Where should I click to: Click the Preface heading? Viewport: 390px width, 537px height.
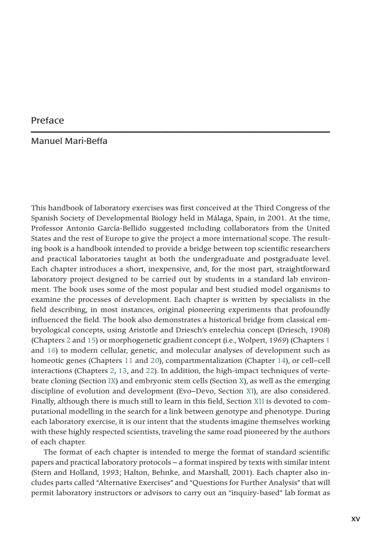click(x=47, y=121)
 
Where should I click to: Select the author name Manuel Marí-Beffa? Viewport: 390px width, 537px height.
click(x=69, y=142)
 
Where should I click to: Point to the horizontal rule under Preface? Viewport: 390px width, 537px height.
click(x=180, y=132)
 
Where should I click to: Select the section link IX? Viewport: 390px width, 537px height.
click(x=112, y=381)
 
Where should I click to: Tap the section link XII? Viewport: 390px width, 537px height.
click(x=259, y=402)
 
